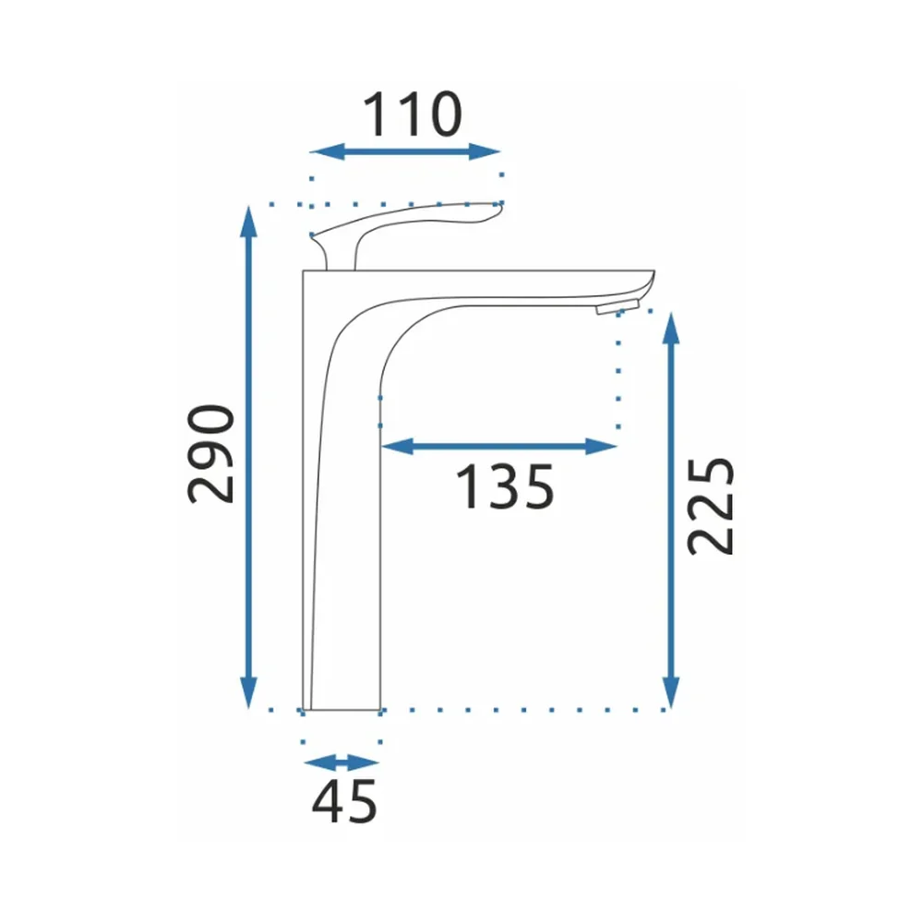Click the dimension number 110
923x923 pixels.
413,114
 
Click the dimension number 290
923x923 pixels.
210,454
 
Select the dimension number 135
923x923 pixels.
505,486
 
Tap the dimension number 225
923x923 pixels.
711,506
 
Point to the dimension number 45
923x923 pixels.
344,802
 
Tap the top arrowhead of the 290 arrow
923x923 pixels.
249,222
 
